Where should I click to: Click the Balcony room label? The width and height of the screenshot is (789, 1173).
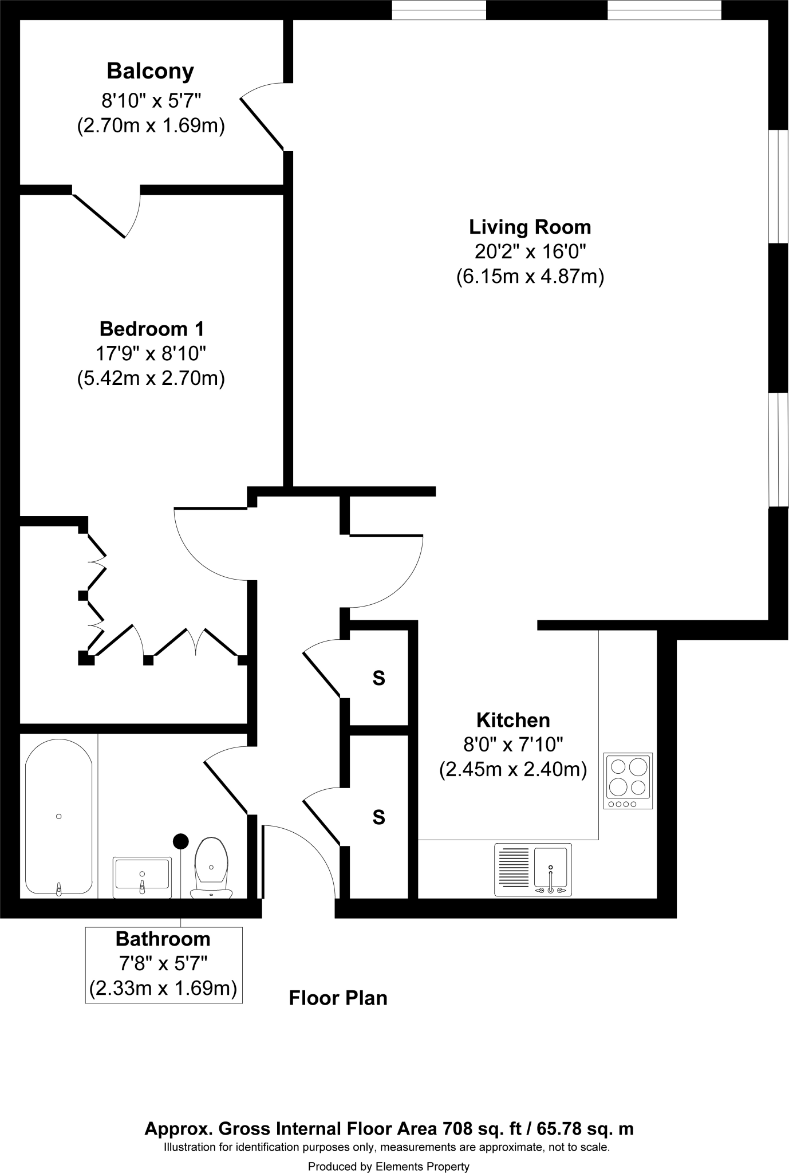pyautogui.click(x=150, y=72)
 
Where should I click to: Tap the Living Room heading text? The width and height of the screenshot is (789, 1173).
pyautogui.click(x=530, y=227)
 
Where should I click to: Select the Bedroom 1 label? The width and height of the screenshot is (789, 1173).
pyautogui.click(x=151, y=329)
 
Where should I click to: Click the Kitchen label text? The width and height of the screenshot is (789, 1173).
pyautogui.click(x=513, y=720)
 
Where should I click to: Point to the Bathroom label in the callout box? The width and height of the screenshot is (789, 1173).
pyautogui.click(x=163, y=939)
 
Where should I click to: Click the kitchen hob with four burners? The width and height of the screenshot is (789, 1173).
pyautogui.click(x=628, y=781)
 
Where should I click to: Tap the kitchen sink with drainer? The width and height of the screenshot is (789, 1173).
pyautogui.click(x=532, y=869)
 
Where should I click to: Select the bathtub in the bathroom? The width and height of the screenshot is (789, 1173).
pyautogui.click(x=58, y=817)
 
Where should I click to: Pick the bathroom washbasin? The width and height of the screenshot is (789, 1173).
pyautogui.click(x=142, y=877)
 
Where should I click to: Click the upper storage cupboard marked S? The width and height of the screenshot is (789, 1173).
pyautogui.click(x=378, y=678)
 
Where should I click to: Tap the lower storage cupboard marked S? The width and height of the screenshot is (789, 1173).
pyautogui.click(x=378, y=817)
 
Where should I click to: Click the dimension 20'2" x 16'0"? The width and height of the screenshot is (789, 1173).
pyautogui.click(x=530, y=252)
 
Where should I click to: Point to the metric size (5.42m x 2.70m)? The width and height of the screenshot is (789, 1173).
pyautogui.click(x=151, y=379)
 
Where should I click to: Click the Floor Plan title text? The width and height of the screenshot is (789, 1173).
pyautogui.click(x=338, y=998)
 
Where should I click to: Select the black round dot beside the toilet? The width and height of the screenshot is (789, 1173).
pyautogui.click(x=181, y=841)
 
